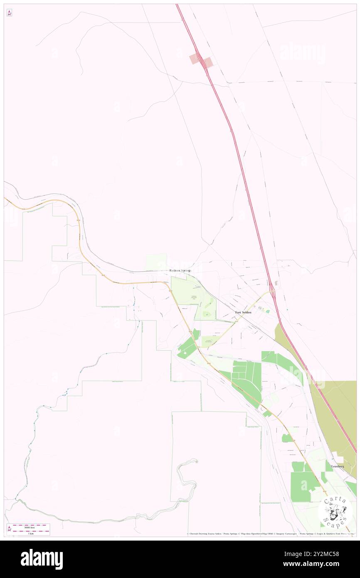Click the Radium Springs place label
point(180,271)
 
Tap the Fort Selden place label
point(243,312)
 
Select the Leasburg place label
point(338,467)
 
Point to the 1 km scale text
point(28,534)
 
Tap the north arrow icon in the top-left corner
point(9,13)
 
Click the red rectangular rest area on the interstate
point(201,61)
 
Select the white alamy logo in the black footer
point(42,559)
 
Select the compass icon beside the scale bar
point(9,528)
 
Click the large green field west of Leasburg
point(304,482)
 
